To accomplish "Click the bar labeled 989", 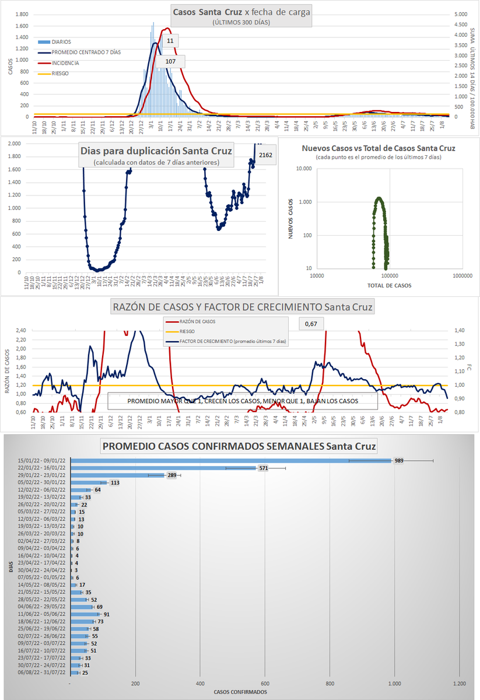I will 230,460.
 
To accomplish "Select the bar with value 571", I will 163,468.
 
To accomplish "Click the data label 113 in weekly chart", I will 115,483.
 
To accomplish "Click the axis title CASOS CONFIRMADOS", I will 240,692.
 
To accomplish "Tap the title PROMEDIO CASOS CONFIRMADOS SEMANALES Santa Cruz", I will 239,447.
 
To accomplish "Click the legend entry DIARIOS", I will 61,42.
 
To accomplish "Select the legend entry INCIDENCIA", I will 65,63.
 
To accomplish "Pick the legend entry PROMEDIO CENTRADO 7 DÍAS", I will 87,52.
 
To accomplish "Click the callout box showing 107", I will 170,62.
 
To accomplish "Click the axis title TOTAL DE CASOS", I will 389,285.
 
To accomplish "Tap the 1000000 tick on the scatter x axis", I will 463,275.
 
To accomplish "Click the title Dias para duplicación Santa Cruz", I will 156,151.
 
